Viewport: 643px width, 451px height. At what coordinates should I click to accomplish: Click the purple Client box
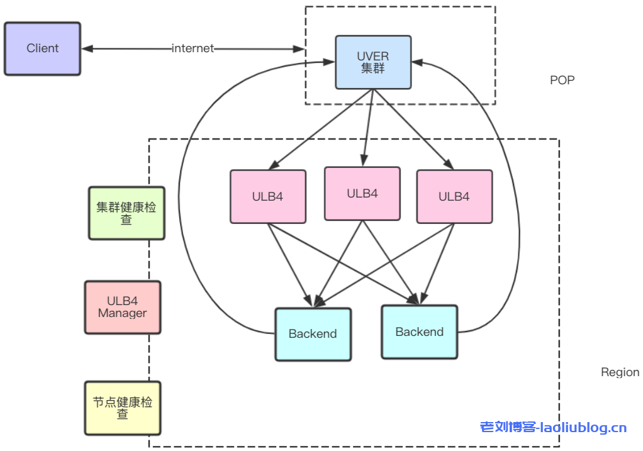pyautogui.click(x=42, y=48)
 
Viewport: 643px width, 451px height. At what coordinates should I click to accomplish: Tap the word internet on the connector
pyautogui.click(x=193, y=48)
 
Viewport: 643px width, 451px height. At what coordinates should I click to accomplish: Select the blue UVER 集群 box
pyautogui.click(x=373, y=62)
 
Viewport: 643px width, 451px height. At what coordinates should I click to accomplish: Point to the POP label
pyautogui.click(x=562, y=81)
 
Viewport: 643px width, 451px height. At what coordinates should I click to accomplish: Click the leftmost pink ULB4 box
pyautogui.click(x=268, y=196)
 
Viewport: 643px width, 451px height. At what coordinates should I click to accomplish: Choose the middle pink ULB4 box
pyautogui.click(x=362, y=194)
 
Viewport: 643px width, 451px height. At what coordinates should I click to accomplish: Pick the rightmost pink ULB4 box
pyautogui.click(x=454, y=196)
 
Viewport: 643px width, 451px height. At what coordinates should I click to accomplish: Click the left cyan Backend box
pyautogui.click(x=313, y=334)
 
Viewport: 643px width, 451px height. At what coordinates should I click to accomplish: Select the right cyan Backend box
pyautogui.click(x=420, y=331)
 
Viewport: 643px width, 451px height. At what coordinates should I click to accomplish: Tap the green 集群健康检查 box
pyautogui.click(x=126, y=213)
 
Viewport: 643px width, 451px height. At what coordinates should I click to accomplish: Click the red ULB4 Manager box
pyautogui.click(x=123, y=307)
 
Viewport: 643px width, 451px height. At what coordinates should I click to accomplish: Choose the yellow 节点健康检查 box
pyautogui.click(x=123, y=408)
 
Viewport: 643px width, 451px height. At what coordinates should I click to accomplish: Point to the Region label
pyautogui.click(x=620, y=372)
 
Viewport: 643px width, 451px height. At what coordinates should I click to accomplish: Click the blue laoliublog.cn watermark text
pyautogui.click(x=553, y=428)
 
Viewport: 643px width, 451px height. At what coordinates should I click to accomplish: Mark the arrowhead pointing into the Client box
pyautogui.click(x=87, y=48)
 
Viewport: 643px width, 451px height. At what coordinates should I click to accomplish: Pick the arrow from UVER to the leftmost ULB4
pyautogui.click(x=321, y=129)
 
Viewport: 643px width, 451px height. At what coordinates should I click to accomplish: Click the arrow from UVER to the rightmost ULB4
pyautogui.click(x=412, y=129)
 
